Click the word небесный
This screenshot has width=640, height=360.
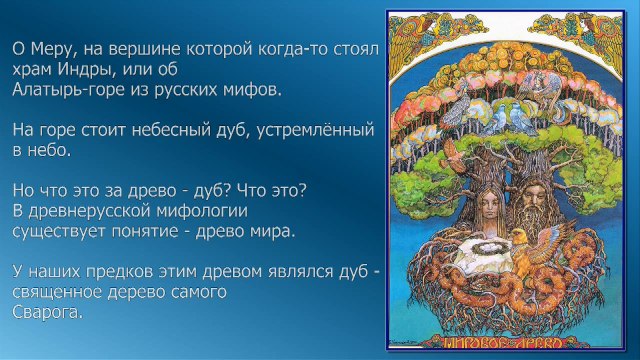point(178,130)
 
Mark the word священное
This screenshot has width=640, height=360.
point(57,293)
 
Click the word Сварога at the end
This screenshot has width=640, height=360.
point(48,311)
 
